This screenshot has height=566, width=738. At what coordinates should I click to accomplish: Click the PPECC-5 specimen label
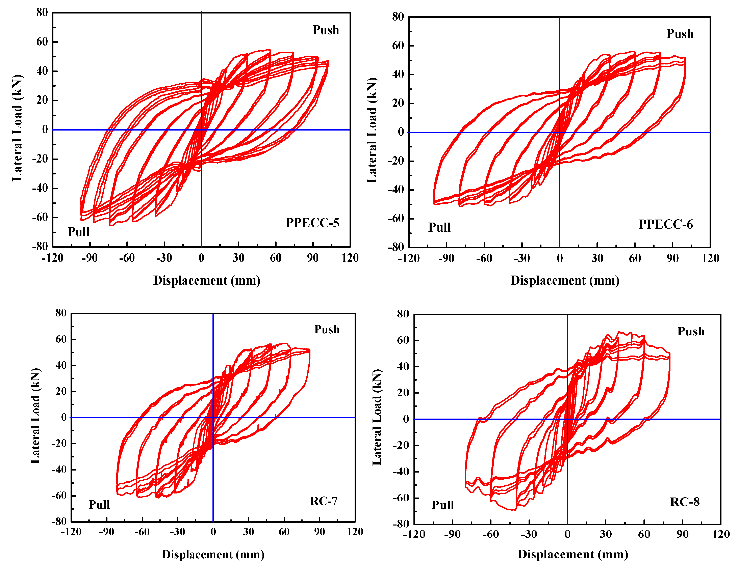312,223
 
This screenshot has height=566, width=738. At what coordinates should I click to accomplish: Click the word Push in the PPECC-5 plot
325,30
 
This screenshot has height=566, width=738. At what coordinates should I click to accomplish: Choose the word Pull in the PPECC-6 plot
439,227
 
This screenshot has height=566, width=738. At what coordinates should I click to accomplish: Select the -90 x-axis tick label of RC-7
106,532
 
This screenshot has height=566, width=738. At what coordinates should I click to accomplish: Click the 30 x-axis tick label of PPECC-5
238,258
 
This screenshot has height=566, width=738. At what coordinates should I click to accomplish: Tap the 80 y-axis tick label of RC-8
403,314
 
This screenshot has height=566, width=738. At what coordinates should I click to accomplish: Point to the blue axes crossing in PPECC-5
201,130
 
